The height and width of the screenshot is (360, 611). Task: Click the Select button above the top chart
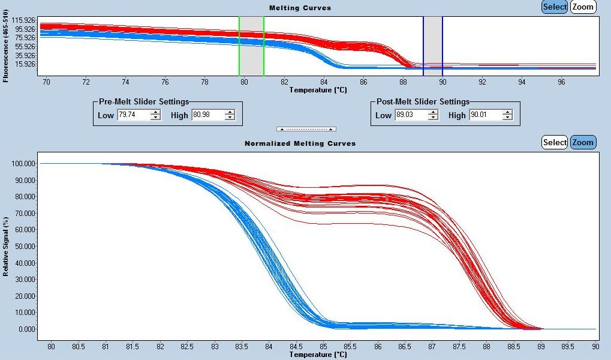point(555,7)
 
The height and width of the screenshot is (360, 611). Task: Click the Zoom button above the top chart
point(583,7)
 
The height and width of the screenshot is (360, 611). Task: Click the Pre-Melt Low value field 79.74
point(133,115)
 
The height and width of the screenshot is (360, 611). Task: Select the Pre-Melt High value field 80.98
point(207,115)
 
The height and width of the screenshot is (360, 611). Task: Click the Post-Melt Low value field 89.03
point(411,115)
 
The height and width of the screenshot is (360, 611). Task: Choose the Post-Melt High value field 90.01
point(486,115)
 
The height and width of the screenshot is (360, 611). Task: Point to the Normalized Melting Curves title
point(300,143)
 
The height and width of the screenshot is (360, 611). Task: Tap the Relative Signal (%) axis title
point(5,247)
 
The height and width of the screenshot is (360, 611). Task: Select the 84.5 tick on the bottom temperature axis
point(296,347)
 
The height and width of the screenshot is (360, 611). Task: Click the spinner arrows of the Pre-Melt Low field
point(155,115)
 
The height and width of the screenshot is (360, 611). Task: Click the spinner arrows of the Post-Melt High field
point(508,115)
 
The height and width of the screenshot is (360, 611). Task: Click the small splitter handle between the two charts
point(306,129)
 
